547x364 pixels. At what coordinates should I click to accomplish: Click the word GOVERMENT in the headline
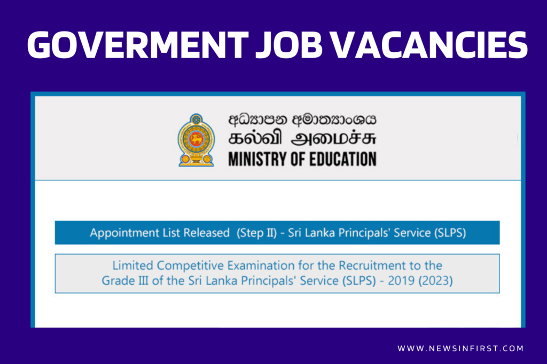(138, 45)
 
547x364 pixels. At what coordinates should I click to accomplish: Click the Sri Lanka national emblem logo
(197, 140)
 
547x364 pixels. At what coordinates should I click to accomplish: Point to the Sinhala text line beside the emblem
(302, 119)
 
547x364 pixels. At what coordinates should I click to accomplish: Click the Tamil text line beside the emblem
(302, 138)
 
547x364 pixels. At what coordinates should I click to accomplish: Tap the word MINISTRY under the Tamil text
(257, 159)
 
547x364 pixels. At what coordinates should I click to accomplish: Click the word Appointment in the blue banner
(124, 233)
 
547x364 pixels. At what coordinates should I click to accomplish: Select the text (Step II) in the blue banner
(256, 233)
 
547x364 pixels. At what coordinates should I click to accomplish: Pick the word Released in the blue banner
(207, 233)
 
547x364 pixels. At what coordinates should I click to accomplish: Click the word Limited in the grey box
(132, 266)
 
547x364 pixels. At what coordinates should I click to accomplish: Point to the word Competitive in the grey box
(190, 266)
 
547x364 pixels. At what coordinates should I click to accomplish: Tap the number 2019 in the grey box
(401, 281)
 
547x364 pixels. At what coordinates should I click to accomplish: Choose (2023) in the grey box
(436, 281)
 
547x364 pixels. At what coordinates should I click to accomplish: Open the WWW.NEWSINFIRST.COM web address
(460, 349)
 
